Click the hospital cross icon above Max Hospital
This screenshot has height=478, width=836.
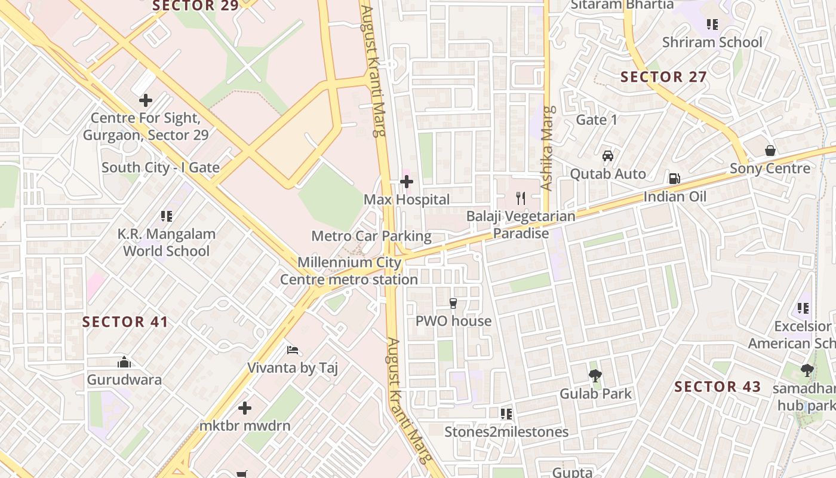tap(407, 181)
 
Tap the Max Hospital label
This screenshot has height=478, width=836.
tap(407, 200)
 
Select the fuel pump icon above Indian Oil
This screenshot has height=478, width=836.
tap(674, 178)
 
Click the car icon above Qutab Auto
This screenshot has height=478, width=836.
tap(608, 156)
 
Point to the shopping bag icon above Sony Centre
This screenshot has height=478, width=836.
tap(770, 151)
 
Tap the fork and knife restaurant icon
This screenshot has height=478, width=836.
tap(521, 198)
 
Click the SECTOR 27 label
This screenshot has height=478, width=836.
tap(663, 77)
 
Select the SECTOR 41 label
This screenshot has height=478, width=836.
tap(125, 322)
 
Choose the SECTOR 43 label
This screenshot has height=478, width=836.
tap(718, 387)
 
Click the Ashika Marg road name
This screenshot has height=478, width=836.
tap(547, 148)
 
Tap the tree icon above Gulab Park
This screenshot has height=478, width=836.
tap(595, 376)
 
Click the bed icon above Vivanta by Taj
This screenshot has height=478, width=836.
tap(293, 350)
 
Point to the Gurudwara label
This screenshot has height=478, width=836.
tap(124, 379)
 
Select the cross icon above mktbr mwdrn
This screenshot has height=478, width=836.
tap(245, 408)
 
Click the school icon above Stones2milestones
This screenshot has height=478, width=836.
tap(506, 413)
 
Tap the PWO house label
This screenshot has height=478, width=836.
tap(453, 321)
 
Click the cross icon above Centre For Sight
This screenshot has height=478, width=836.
tap(145, 100)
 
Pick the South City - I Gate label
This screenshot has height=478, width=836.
tap(161, 167)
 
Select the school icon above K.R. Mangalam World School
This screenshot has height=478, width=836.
tap(166, 216)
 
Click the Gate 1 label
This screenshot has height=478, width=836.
tap(597, 120)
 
